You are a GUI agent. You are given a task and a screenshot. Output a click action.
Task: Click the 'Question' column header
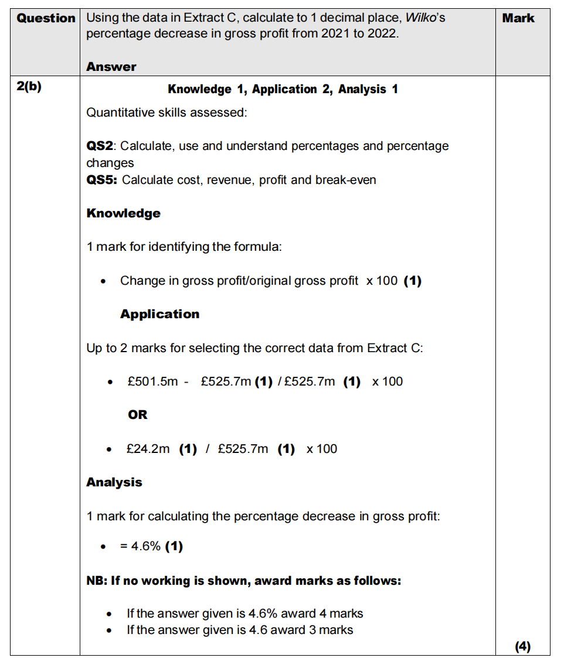coord(46,18)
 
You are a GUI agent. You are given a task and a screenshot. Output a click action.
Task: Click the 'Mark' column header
coord(518,18)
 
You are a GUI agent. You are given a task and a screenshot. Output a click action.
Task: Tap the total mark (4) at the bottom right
coord(522,646)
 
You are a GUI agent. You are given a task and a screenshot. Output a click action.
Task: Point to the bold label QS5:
coord(102,180)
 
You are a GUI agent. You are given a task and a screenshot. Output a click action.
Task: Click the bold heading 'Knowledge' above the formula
coord(123,213)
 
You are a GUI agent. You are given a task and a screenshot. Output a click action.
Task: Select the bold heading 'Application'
coord(159,314)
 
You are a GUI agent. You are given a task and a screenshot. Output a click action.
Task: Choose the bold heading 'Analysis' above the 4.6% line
coord(114,482)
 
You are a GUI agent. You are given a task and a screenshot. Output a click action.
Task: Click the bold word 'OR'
coord(138,415)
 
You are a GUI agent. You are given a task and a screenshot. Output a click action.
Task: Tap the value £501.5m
coord(152,381)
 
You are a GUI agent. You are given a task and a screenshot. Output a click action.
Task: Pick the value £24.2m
coord(148,449)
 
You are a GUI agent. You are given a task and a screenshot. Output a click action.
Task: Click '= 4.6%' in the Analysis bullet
coord(140,546)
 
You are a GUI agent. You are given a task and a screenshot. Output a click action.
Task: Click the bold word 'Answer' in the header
coord(111,67)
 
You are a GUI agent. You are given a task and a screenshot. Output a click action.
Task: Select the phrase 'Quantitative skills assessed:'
coord(167,113)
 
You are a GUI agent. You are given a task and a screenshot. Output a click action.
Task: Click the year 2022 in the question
coord(382,33)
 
